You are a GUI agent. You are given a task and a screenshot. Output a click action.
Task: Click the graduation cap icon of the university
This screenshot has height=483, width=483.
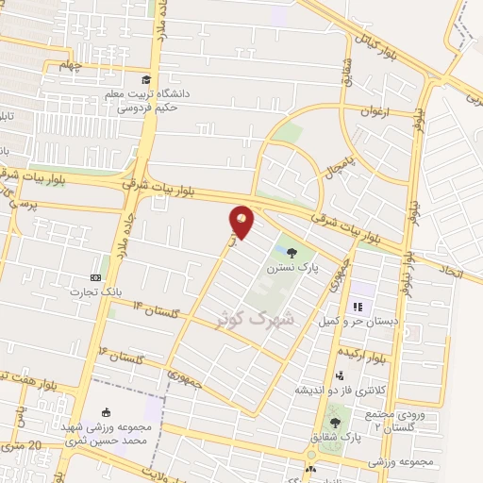145,79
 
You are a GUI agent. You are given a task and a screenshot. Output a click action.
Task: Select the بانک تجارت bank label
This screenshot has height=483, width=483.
90,291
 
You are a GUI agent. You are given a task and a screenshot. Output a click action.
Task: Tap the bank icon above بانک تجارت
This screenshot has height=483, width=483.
94,277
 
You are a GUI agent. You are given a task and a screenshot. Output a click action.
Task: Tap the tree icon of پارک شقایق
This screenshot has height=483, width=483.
334,423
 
